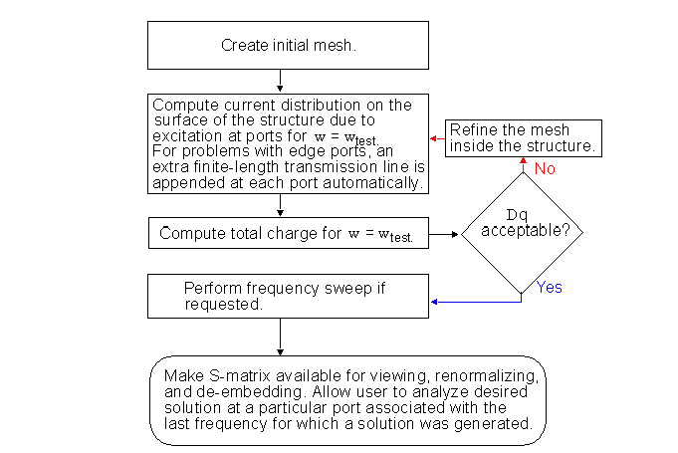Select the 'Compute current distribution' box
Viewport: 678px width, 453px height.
click(x=289, y=142)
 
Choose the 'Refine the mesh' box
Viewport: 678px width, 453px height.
click(x=523, y=138)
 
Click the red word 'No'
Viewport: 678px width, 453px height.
click(x=545, y=169)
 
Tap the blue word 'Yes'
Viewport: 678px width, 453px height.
click(x=550, y=288)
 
